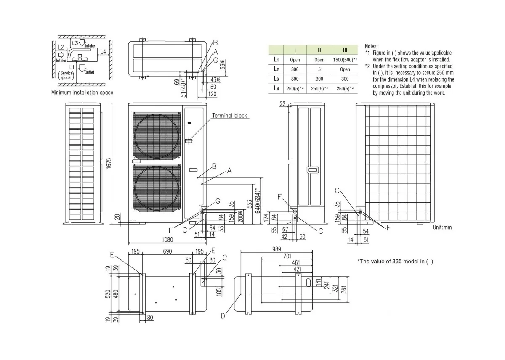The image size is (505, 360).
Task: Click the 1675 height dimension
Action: [109, 163]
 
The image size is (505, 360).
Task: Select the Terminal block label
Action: [229, 116]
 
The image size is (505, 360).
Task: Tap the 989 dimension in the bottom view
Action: [276, 249]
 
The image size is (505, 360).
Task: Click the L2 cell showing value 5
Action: [319, 69]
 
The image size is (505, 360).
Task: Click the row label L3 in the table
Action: [276, 79]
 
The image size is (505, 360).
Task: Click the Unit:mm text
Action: [442, 227]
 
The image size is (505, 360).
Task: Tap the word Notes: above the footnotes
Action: [372, 46]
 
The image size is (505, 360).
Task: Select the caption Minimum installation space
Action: [82, 93]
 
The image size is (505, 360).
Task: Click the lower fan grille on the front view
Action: [156, 188]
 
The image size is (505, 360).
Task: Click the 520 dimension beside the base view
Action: [108, 293]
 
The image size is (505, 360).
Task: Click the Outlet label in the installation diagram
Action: [89, 72]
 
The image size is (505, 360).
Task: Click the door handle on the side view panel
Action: [312, 169]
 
